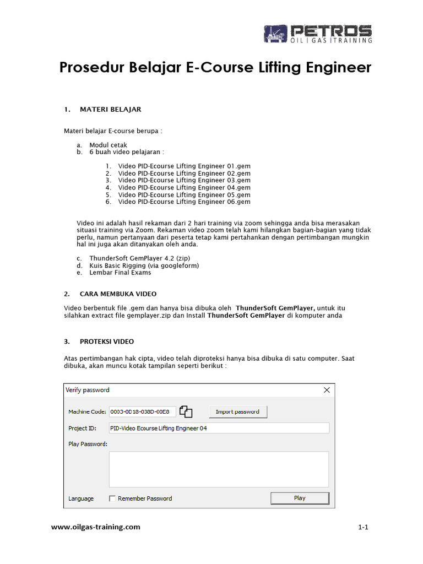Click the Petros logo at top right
317,34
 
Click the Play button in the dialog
300,498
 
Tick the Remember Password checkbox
113,498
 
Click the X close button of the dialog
327,390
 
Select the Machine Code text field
142,411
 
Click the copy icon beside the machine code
187,411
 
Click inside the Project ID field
219,428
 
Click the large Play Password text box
219,469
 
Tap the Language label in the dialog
81,498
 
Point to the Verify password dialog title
88,390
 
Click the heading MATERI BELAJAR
110,109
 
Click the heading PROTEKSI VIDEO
106,341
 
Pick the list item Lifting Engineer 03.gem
184,180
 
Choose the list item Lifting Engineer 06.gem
184,202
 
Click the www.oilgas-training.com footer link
96,527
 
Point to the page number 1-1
362,527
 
